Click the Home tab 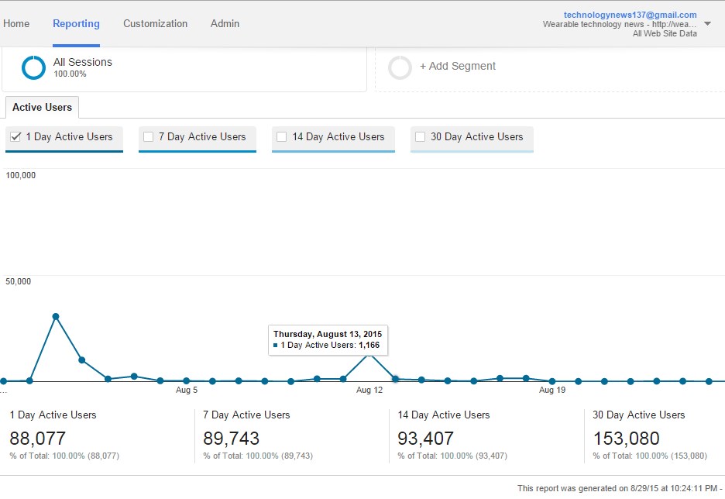[16, 23]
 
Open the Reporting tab [76, 23]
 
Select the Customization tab [155, 23]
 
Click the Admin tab [225, 23]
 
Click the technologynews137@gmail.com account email [630, 15]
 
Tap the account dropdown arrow [707, 23]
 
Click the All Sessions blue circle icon [34, 67]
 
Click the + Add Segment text [458, 67]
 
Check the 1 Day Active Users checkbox [15, 137]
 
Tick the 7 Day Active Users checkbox [149, 137]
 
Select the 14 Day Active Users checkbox [282, 137]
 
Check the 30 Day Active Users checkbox [421, 137]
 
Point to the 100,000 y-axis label [21, 175]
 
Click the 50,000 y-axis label [19, 281]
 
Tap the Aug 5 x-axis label [187, 390]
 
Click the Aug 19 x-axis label [552, 390]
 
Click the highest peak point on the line [56, 316]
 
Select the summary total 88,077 [38, 439]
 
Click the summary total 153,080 [627, 439]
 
